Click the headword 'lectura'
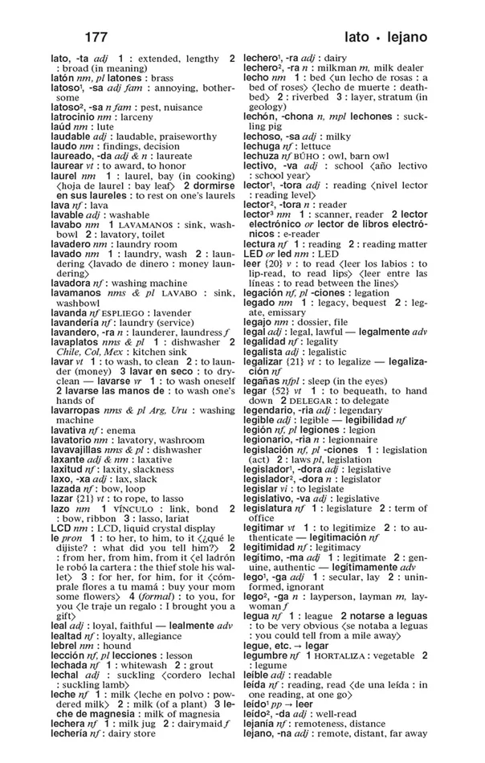[259, 243]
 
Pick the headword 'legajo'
[259, 321]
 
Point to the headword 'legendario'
[270, 410]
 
